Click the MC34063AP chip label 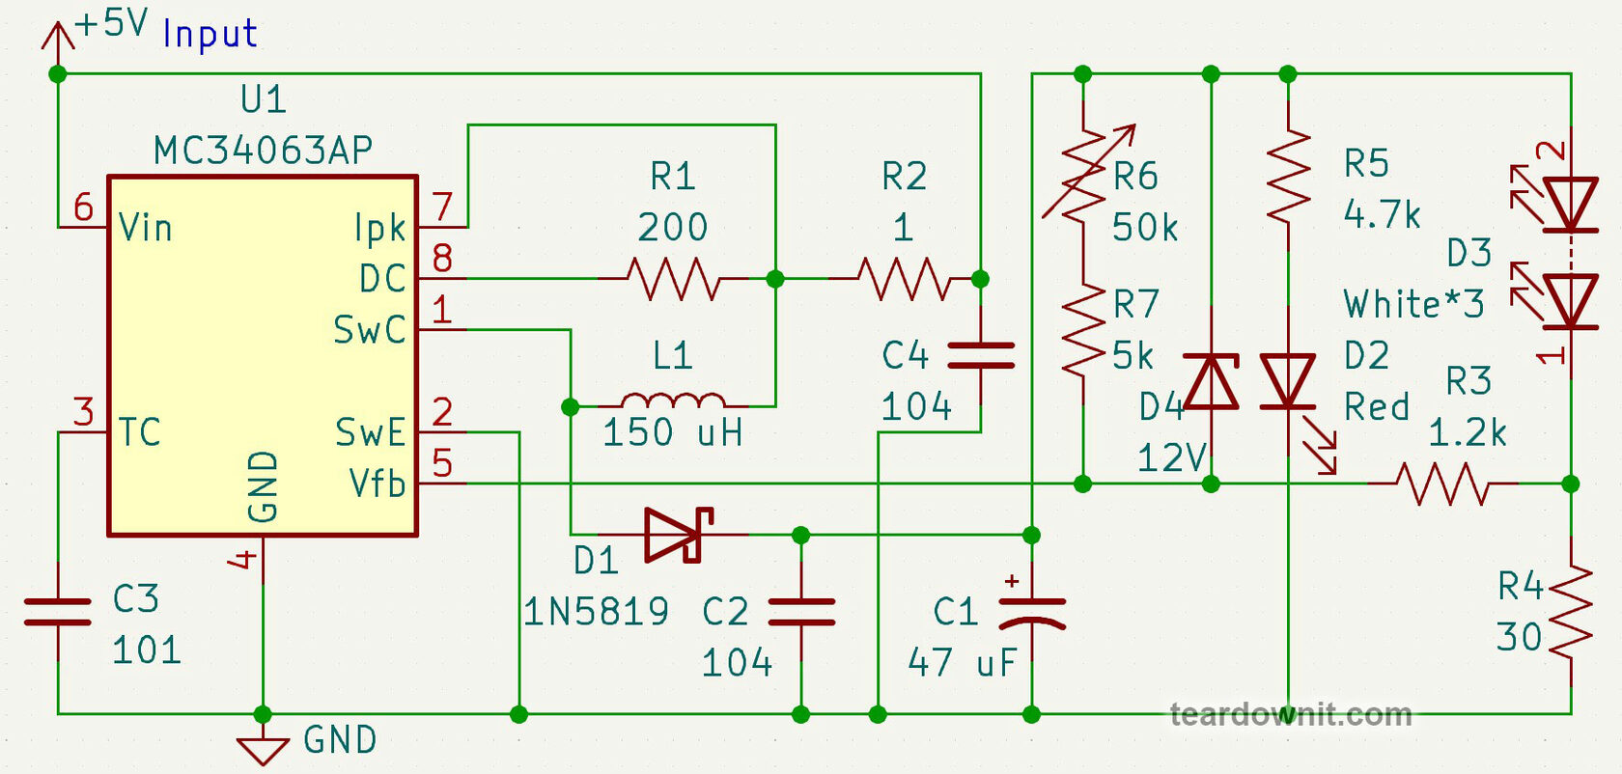263,150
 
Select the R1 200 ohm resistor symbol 673,279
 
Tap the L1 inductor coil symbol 673,401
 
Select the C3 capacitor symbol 58,612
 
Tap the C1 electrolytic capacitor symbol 1031,612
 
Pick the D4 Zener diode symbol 1211,381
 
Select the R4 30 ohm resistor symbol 1570,612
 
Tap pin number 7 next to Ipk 442,207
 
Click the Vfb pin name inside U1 378,484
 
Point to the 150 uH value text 673,432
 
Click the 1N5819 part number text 596,612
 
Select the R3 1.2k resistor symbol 1442,484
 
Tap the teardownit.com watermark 1290,714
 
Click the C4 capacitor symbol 980,355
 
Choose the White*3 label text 1413,304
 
